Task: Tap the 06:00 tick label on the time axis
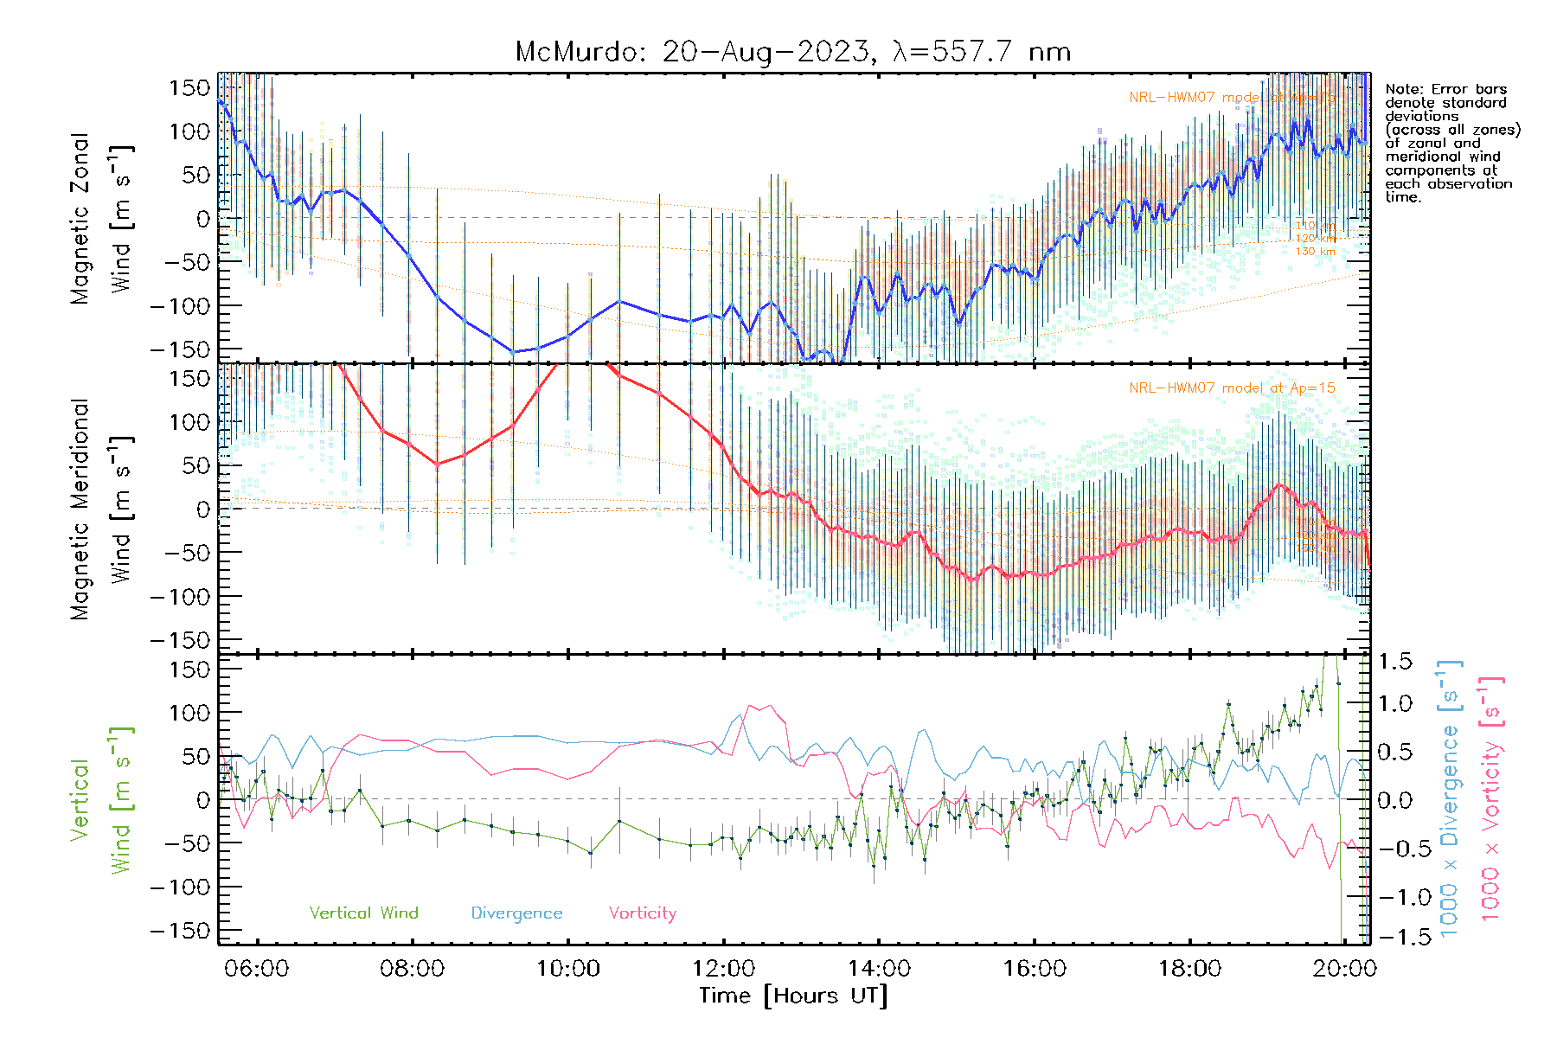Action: (x=257, y=968)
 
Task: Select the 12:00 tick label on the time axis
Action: (x=723, y=968)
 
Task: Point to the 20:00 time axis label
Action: (x=1344, y=968)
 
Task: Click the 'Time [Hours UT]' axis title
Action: (x=793, y=996)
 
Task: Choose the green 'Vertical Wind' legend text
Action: (x=363, y=913)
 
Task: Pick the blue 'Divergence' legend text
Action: (x=516, y=913)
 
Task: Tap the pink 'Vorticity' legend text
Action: (x=642, y=913)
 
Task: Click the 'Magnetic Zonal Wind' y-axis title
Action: (x=102, y=218)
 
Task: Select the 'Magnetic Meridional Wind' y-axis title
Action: (x=102, y=509)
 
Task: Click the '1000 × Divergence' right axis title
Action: (x=1449, y=799)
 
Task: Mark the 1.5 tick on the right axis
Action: (x=1394, y=662)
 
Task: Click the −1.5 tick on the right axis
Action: (x=1394, y=936)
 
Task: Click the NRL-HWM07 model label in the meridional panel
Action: (x=1232, y=388)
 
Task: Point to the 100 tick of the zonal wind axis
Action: (x=189, y=131)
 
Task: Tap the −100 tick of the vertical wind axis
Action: (x=181, y=887)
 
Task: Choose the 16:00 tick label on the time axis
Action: (x=1035, y=968)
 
